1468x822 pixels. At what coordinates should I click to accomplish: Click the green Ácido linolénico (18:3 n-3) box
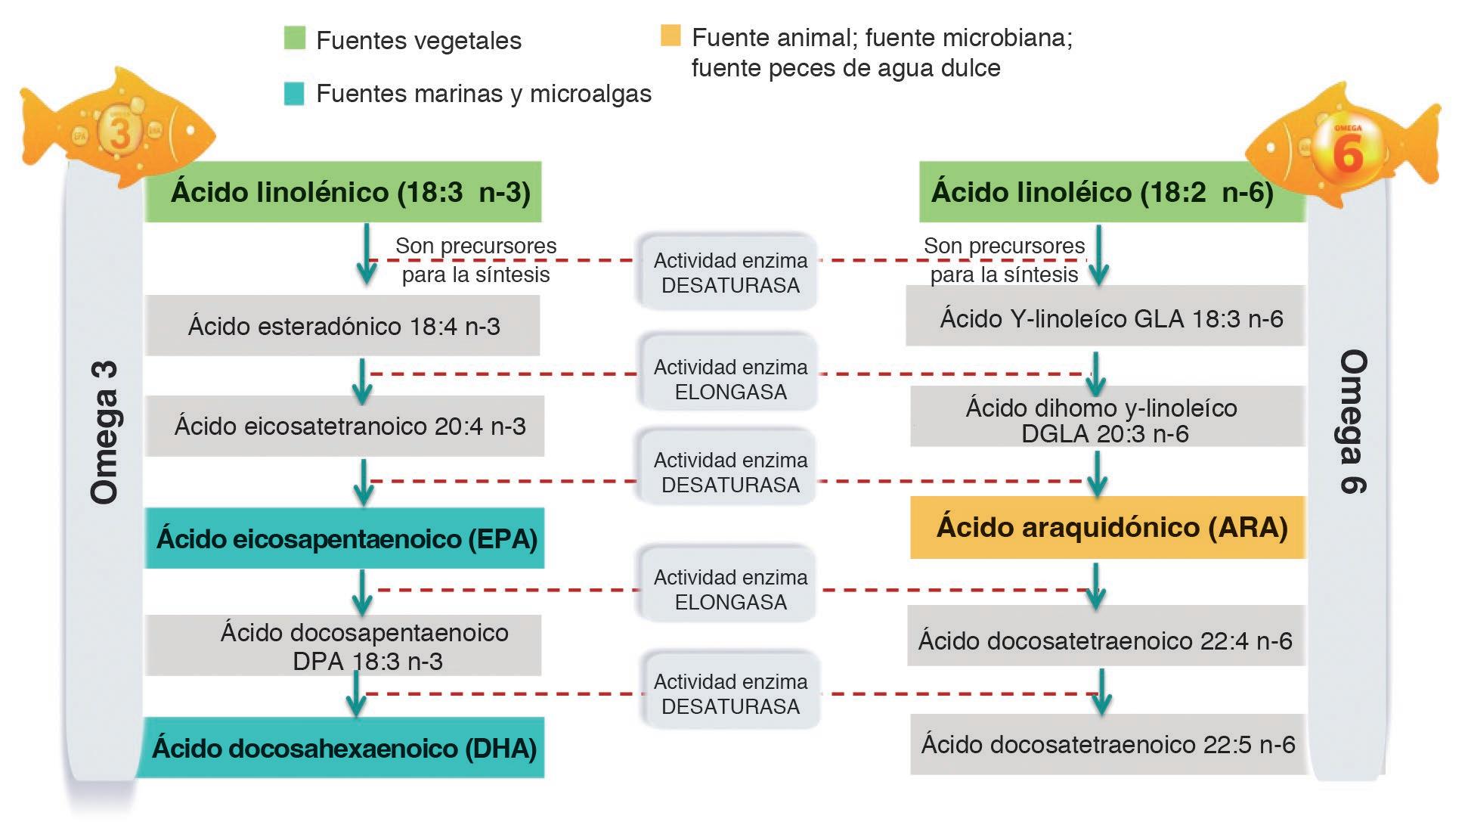[x=342, y=191]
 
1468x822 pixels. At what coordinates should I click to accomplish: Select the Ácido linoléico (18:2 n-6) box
[x=1111, y=191]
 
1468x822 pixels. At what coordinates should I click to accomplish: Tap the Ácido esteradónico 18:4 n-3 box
[x=342, y=326]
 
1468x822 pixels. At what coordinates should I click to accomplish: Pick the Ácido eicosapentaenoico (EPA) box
[x=345, y=538]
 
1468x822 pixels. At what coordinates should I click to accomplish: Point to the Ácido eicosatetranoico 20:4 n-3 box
[x=345, y=426]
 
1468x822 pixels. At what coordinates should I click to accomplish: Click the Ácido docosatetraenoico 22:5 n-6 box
[x=1107, y=744]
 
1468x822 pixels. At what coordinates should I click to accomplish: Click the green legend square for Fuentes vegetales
[x=294, y=38]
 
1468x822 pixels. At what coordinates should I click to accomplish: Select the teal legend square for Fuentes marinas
[x=294, y=93]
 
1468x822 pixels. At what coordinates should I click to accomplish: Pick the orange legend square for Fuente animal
[x=671, y=36]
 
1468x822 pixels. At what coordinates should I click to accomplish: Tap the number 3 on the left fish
[x=119, y=131]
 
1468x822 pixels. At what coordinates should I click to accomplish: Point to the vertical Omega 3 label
[x=104, y=433]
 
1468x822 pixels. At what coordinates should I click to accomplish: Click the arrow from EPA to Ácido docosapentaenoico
[x=362, y=592]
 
